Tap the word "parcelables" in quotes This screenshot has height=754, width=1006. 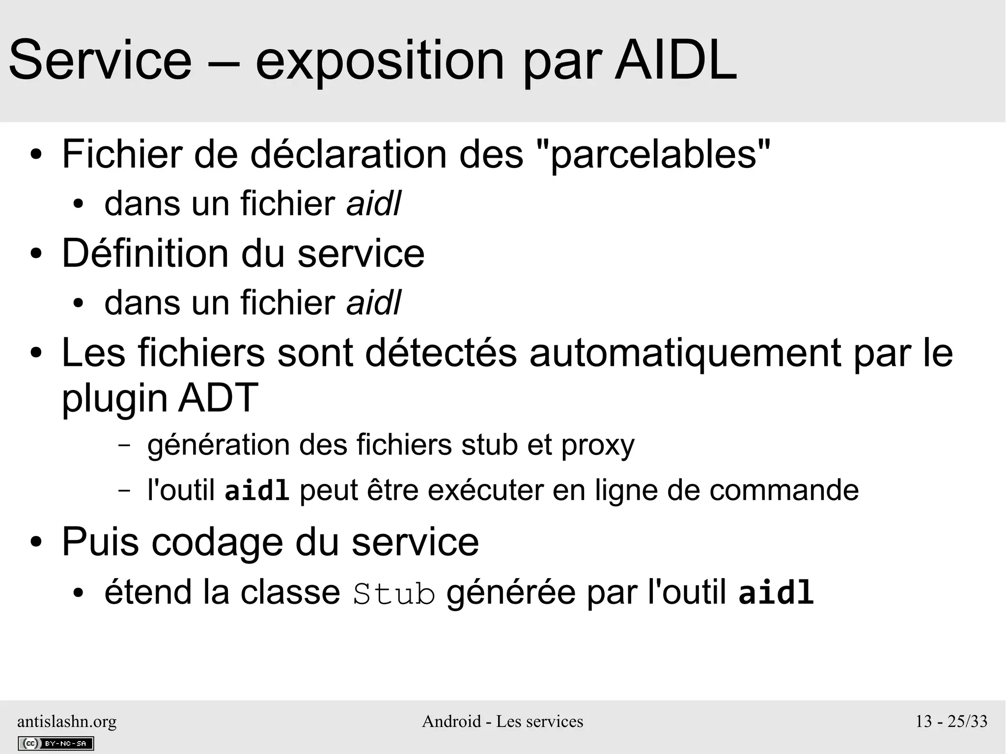[653, 154]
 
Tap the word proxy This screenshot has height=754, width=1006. [598, 445]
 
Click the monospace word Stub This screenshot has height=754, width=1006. [394, 593]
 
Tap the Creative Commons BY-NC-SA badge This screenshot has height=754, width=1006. [56, 743]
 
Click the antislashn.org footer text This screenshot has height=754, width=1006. [67, 722]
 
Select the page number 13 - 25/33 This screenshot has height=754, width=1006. [951, 722]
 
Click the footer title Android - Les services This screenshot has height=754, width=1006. [503, 722]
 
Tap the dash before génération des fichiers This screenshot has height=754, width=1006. [125, 445]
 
